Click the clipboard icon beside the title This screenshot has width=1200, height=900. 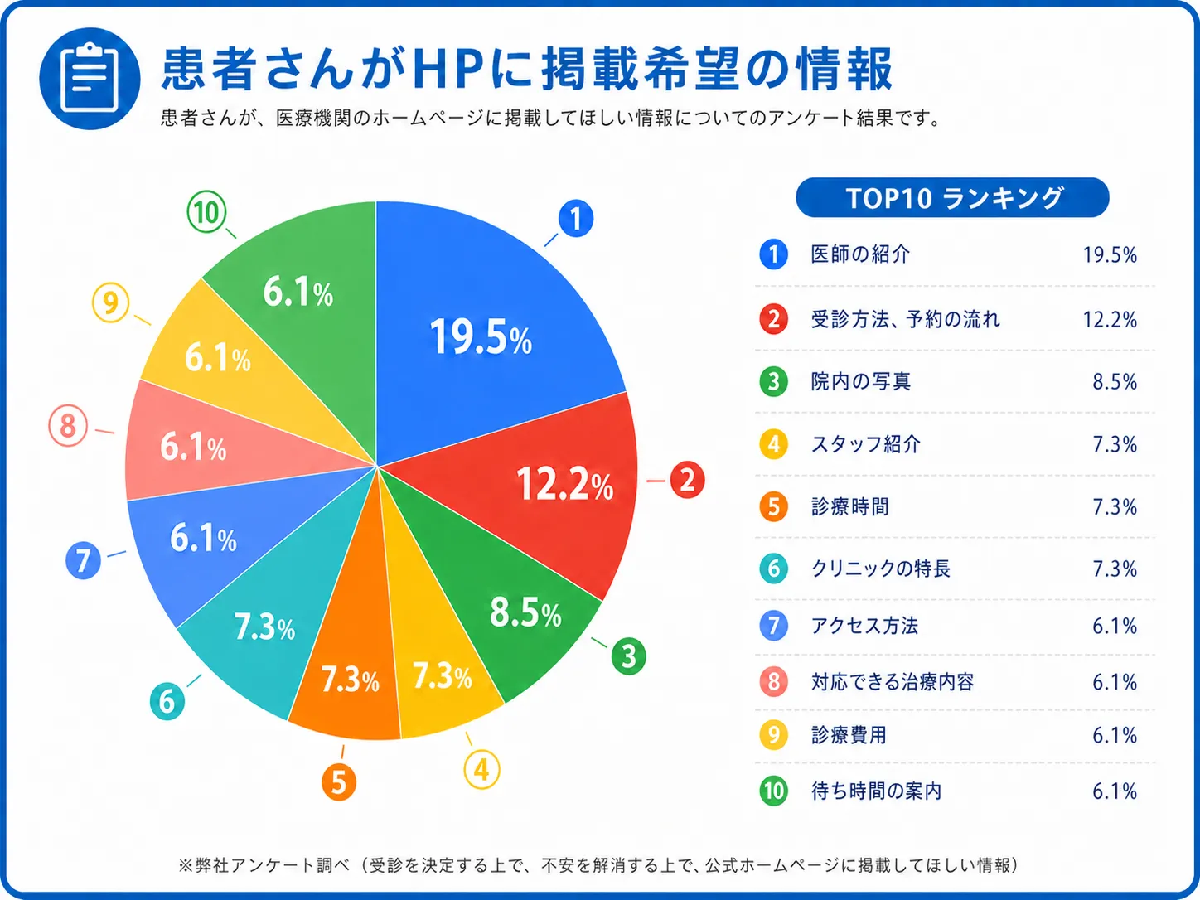90,79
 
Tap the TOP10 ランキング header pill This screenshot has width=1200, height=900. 952,198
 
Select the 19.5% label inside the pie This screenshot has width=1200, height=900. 481,337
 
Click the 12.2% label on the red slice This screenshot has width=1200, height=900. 564,483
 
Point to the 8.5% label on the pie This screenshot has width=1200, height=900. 525,613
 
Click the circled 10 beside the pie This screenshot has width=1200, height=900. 206,212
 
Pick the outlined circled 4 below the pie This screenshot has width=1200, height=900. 481,769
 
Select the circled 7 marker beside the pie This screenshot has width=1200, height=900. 83,560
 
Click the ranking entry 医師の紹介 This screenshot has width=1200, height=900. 860,254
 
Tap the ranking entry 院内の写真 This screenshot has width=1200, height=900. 861,381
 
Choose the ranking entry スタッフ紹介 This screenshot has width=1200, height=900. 865,444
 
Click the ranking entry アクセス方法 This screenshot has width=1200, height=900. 864,626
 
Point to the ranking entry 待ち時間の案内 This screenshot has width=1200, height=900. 876,791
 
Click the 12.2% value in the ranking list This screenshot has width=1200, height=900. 1110,319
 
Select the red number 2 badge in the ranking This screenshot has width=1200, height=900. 773,318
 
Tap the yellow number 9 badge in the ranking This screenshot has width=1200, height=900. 773,735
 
